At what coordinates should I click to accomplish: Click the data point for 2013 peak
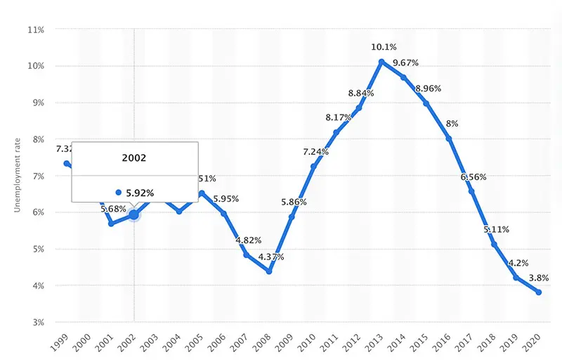point(381,62)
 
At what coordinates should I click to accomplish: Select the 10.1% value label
point(384,47)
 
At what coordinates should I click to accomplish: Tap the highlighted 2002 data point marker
point(133,214)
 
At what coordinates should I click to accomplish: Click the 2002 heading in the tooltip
point(133,158)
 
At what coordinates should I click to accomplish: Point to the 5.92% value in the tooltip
point(136,192)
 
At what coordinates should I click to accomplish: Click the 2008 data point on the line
point(268,271)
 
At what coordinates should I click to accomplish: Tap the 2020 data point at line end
point(538,292)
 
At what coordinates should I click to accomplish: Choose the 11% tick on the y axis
point(35,30)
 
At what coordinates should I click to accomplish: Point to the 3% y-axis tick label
point(37,322)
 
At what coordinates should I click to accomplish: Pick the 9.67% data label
point(405,63)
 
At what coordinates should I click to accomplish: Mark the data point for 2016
point(448,139)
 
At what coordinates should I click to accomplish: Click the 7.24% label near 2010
point(316,152)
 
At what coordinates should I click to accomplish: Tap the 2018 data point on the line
point(493,244)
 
